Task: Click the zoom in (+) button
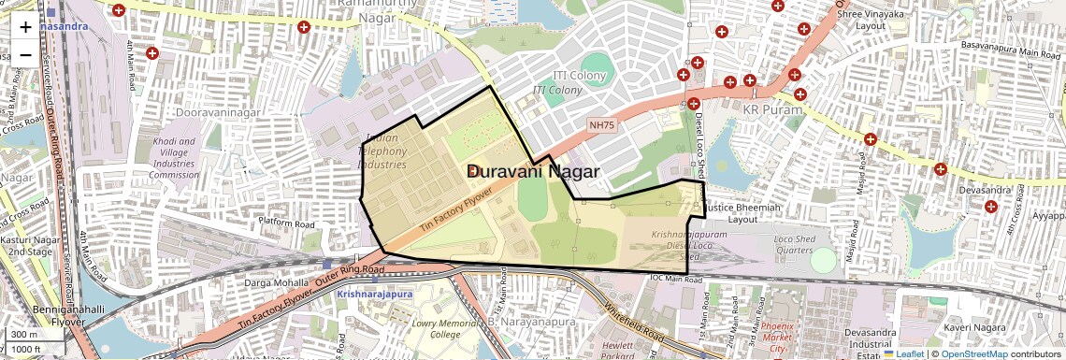tap(25, 26)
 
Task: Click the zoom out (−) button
tap(25, 54)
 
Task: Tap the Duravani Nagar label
tap(533, 171)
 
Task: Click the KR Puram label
tap(771, 110)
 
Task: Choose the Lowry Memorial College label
tap(437, 328)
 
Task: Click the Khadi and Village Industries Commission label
tap(174, 158)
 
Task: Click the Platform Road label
tap(286, 223)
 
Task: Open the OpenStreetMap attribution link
tap(972, 353)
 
